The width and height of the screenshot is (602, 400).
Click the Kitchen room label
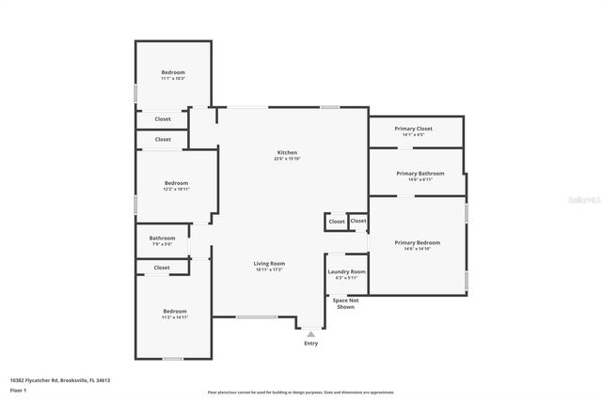point(287,152)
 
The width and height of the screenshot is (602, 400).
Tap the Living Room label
point(269,263)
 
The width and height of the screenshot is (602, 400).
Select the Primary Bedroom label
point(417,242)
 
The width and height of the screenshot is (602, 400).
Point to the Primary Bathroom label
point(420,173)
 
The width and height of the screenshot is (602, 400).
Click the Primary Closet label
point(414,128)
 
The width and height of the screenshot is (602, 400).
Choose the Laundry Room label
point(346,271)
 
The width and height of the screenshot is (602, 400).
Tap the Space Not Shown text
point(345,303)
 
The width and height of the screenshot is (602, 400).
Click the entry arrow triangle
point(310,333)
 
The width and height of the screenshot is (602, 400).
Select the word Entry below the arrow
point(310,344)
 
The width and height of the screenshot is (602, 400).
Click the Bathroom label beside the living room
point(162,238)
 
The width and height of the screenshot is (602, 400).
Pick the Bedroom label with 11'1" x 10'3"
point(173,72)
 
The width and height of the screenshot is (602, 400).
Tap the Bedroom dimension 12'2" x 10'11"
point(177,189)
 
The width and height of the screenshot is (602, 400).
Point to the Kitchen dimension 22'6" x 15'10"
point(287,159)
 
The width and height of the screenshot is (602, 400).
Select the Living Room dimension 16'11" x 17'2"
point(269,269)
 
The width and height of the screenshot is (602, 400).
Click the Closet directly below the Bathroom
point(162,268)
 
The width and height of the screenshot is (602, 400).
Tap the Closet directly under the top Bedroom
point(163,119)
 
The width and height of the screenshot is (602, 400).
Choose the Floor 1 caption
point(18,389)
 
